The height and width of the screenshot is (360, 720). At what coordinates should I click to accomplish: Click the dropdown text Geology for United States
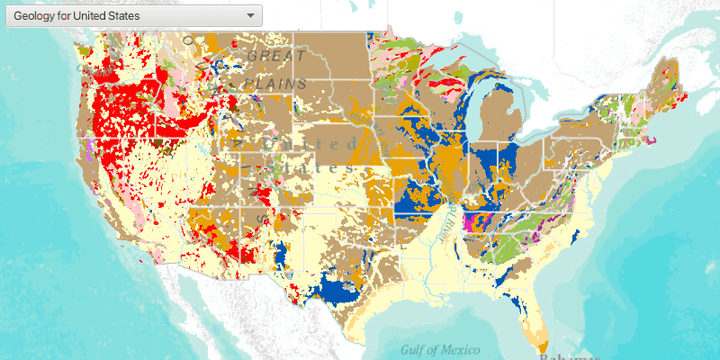(76, 15)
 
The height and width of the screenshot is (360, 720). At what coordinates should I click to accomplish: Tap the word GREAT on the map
(276, 56)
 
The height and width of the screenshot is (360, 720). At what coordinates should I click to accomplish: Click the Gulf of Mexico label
(440, 349)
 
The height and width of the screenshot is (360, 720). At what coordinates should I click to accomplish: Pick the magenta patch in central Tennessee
(469, 221)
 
